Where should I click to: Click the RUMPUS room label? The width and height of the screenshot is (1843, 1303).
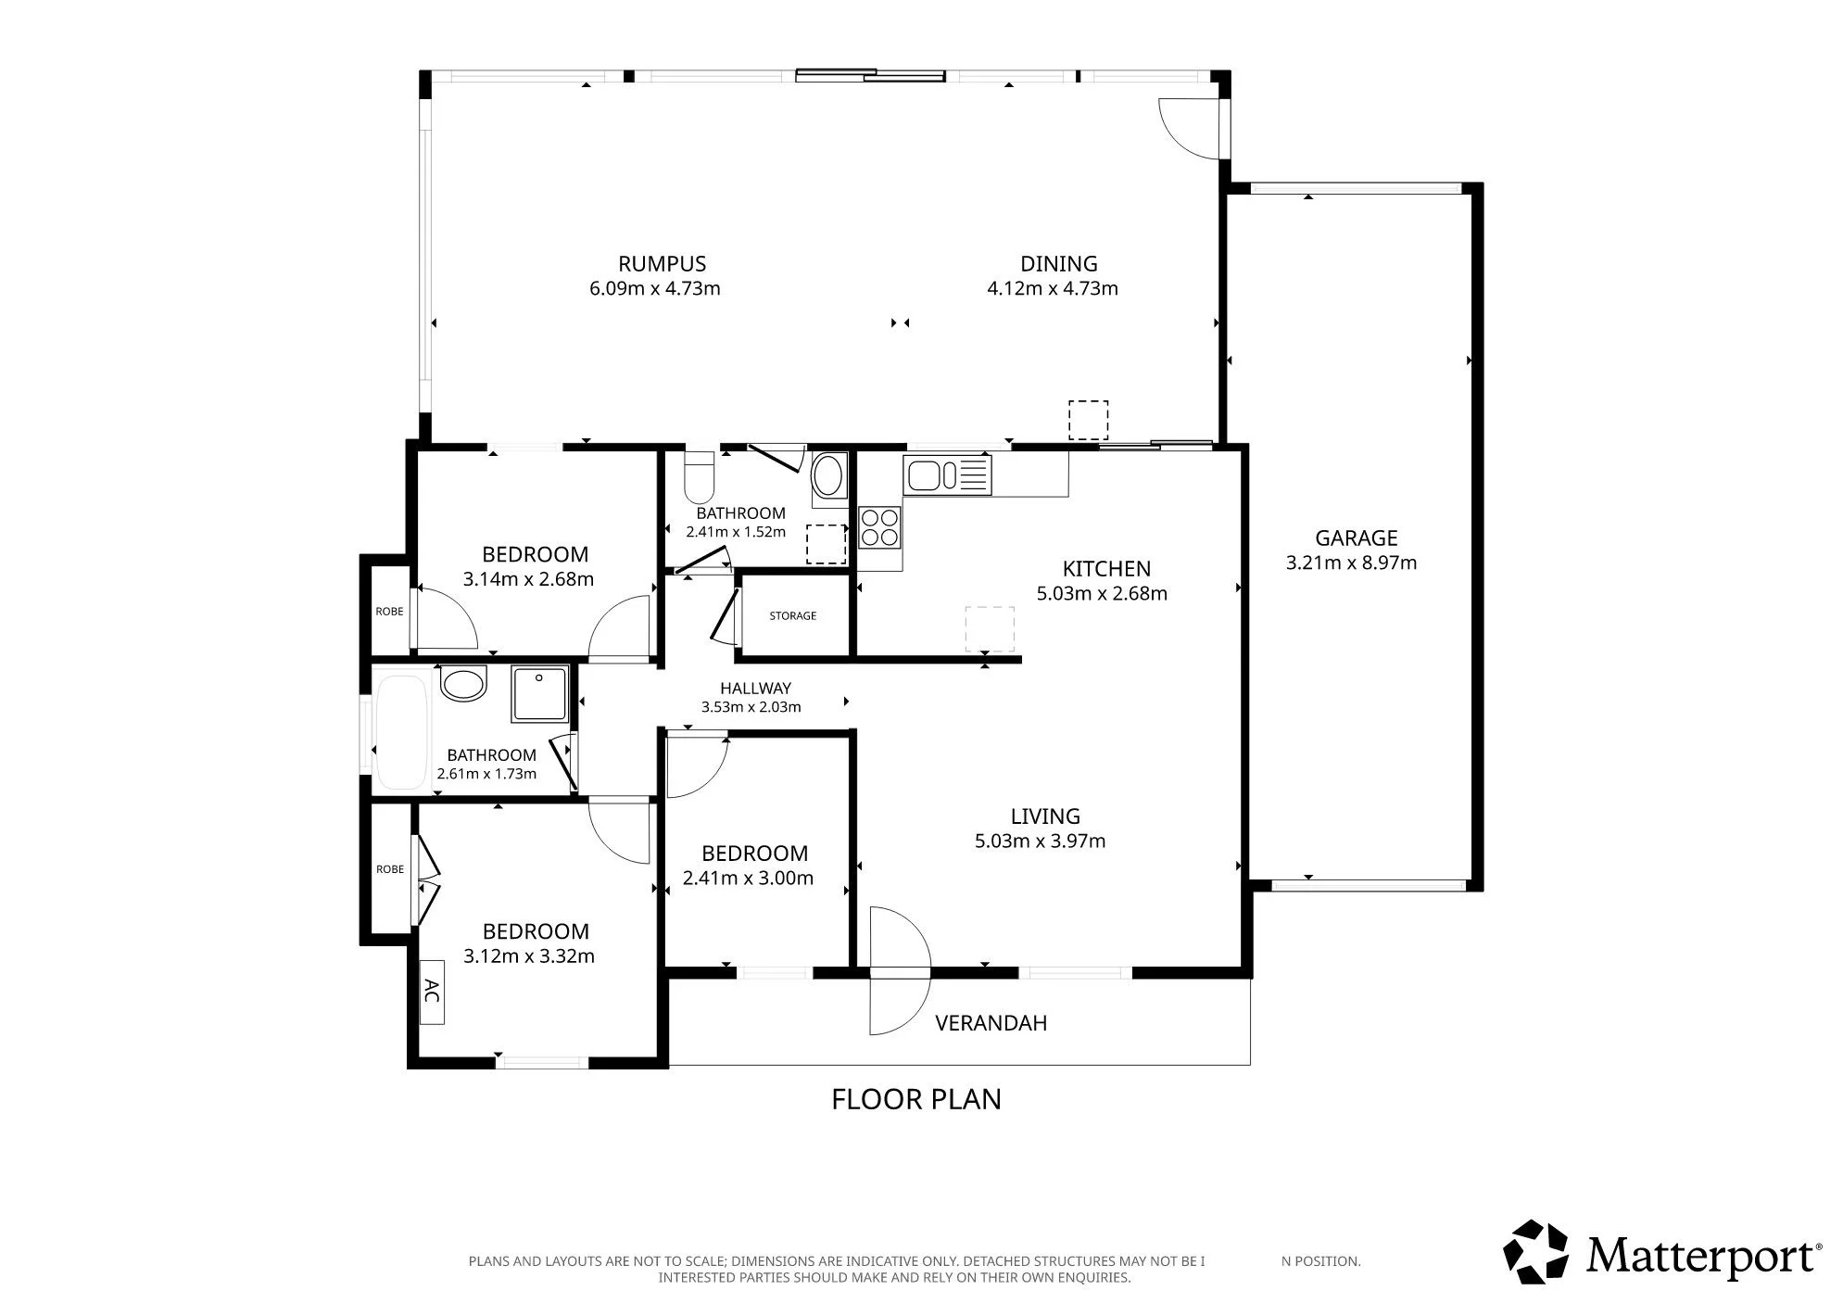[x=663, y=264]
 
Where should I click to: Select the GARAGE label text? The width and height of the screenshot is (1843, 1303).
[x=1357, y=538]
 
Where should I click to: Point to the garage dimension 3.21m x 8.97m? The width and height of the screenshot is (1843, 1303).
[x=1351, y=563]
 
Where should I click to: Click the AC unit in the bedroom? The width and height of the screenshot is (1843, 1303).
[x=432, y=991]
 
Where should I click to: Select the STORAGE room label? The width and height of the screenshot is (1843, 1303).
[x=793, y=615]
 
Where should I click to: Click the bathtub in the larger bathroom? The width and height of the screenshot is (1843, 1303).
[x=401, y=732]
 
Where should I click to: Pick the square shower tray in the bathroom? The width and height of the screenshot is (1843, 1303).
[x=541, y=694]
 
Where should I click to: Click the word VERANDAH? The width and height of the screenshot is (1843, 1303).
[x=991, y=1023]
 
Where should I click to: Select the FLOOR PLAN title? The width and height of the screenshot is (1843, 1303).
[x=916, y=1099]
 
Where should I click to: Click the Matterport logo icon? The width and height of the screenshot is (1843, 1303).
[x=1535, y=1252]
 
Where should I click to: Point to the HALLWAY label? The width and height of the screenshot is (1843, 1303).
[x=756, y=689]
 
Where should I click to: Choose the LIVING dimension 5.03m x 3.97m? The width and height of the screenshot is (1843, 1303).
[x=1040, y=841]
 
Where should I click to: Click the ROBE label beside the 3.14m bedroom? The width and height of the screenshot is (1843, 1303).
[x=389, y=612]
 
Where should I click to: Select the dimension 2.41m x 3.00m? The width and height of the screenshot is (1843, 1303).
[x=748, y=878]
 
